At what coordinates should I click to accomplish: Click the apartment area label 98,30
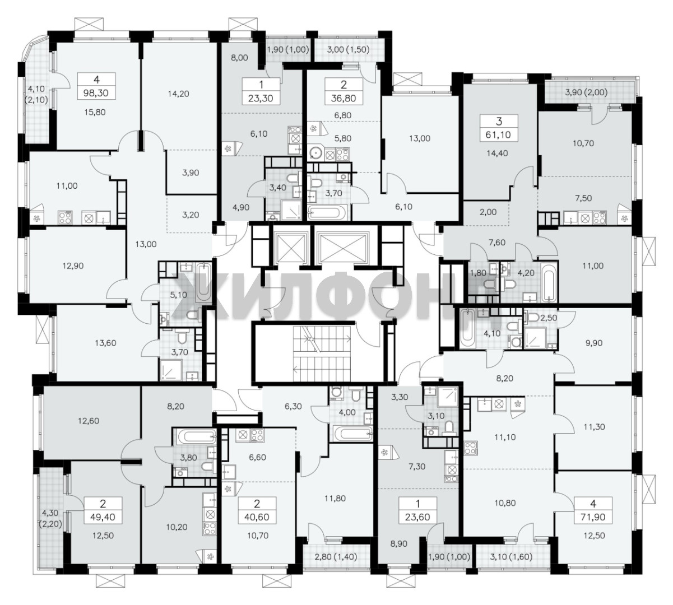tap(96, 94)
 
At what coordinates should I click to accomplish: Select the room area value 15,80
tap(95, 112)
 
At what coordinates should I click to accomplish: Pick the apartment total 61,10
tap(498, 135)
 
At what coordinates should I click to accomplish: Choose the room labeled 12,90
tap(73, 266)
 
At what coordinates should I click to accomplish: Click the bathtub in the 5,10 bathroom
tap(203, 282)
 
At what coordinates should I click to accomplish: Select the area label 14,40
tap(497, 153)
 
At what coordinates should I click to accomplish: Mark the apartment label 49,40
tap(103, 517)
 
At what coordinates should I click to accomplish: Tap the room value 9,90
tap(594, 343)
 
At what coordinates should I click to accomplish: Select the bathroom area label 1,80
tap(478, 273)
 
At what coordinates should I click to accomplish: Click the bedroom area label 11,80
tap(335, 499)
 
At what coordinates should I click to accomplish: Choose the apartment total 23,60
tap(417, 517)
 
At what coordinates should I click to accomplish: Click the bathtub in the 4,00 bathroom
tap(352, 434)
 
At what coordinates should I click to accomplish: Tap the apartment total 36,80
tap(343, 99)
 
